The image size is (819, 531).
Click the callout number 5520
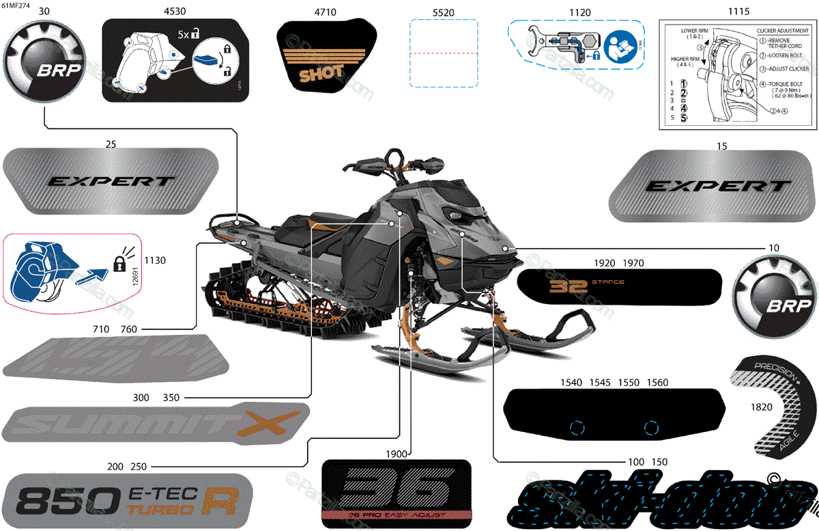(443, 12)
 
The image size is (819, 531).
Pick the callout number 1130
(156, 260)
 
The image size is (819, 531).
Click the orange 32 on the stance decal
(564, 285)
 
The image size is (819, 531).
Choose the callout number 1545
(601, 383)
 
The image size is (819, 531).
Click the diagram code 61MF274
(15, 5)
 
